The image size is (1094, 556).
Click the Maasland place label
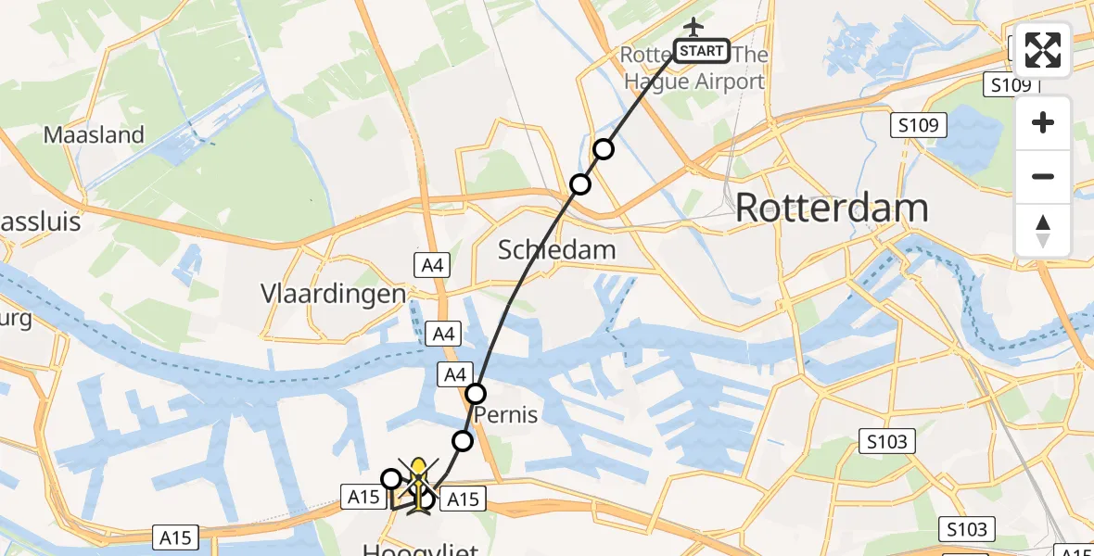[x=95, y=135]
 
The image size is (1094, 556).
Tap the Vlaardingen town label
[x=333, y=294]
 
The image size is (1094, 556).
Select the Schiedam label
[x=556, y=249]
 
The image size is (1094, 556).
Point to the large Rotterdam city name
[x=832, y=208]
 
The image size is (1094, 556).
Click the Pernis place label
[x=506, y=414]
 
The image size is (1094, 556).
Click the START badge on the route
[x=702, y=51]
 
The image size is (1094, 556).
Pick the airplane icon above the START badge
[x=693, y=27]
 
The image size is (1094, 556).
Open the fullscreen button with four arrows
[x=1043, y=50]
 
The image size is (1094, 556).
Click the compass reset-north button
[x=1043, y=230]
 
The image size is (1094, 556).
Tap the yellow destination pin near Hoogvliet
[x=419, y=471]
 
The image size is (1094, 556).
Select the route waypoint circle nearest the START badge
[x=604, y=149]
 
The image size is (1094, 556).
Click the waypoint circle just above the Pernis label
[x=476, y=394]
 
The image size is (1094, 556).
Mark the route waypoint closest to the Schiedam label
[x=580, y=184]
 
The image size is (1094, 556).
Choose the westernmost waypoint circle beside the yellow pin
[x=391, y=479]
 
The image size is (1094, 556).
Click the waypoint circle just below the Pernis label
[x=463, y=440]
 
